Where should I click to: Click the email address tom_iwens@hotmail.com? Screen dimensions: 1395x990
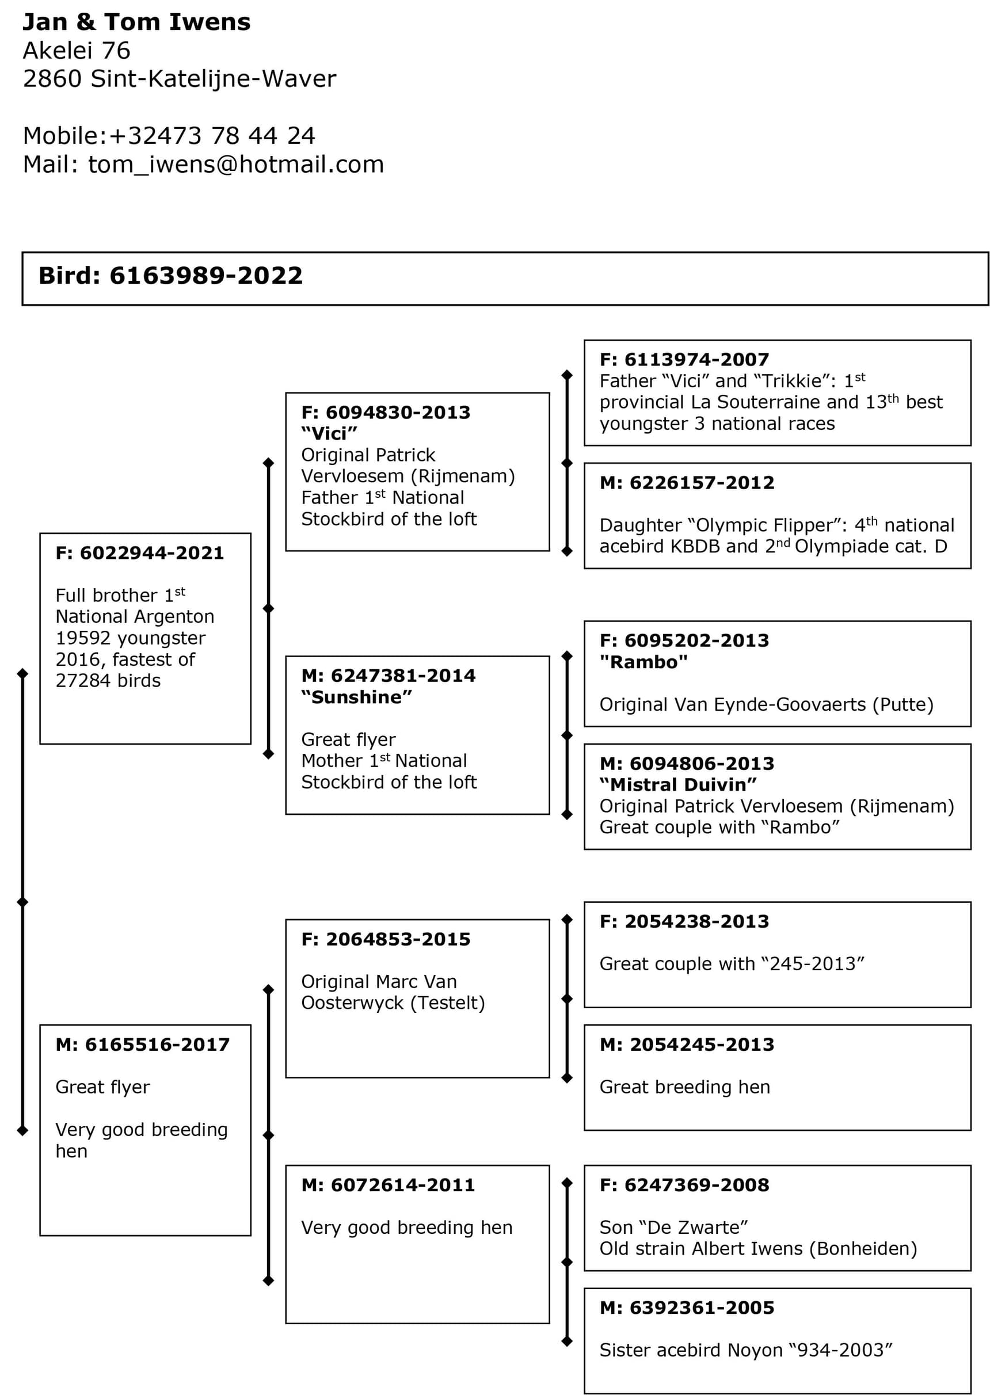tap(236, 165)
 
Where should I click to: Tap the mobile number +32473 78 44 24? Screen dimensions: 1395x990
tap(212, 136)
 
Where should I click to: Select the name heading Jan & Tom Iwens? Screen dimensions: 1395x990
tap(136, 22)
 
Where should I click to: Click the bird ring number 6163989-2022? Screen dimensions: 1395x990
tap(206, 276)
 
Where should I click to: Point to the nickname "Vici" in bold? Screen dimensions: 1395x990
tap(329, 433)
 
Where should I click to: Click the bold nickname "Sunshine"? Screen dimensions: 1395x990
tap(357, 696)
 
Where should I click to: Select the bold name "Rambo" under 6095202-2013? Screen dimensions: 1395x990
tap(643, 662)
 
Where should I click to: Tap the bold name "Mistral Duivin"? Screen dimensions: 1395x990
tap(678, 784)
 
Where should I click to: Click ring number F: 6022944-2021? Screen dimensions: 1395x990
tap(140, 552)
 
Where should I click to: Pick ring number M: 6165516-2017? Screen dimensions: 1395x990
tap(142, 1045)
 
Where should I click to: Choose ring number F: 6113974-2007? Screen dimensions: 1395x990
tap(684, 360)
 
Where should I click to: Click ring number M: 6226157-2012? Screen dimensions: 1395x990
tap(687, 483)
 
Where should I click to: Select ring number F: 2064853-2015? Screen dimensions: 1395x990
tap(386, 939)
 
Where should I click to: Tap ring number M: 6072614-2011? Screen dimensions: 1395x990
tap(388, 1185)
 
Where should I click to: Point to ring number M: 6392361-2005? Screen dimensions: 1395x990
tap(687, 1308)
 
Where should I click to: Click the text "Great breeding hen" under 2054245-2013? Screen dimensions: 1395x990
tap(684, 1087)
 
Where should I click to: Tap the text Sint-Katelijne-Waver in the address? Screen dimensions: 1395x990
tap(214, 79)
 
